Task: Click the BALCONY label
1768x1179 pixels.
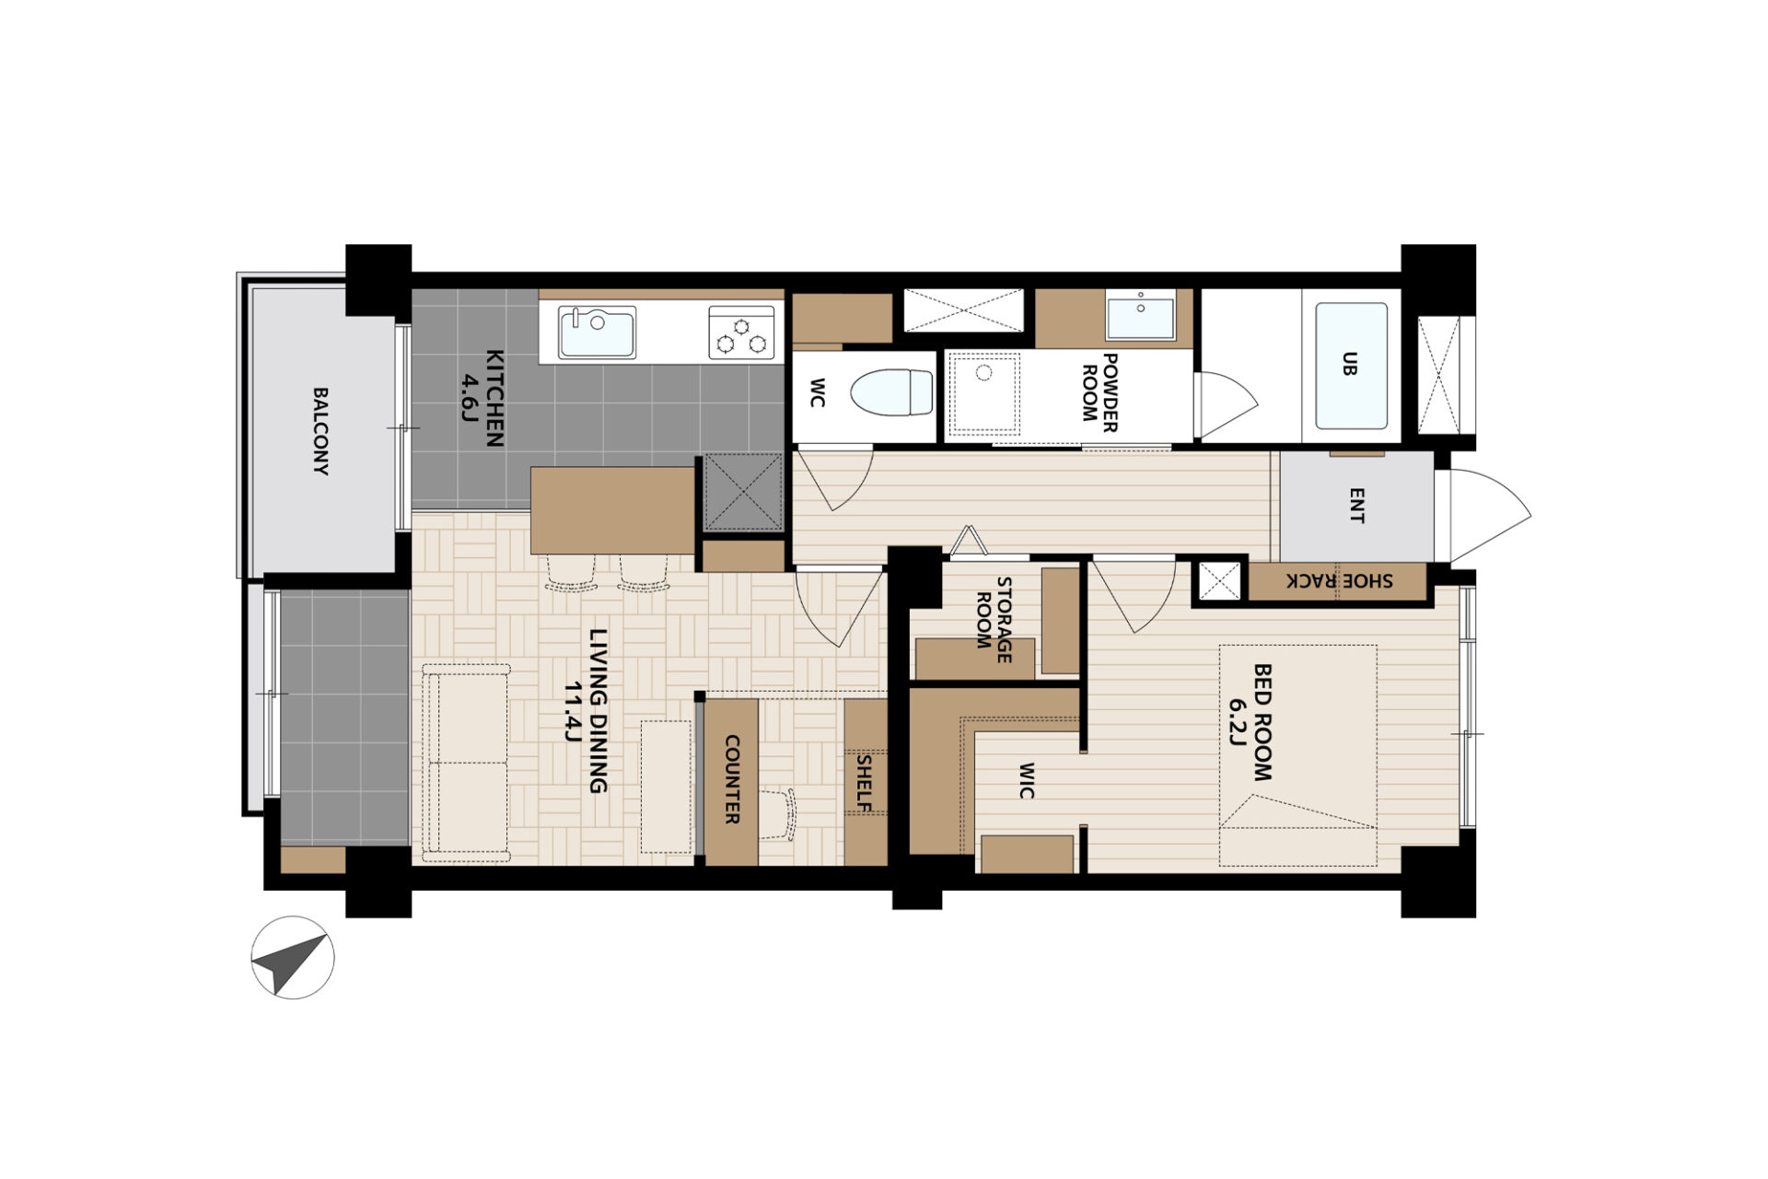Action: [x=320, y=431]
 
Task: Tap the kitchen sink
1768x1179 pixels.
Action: [x=597, y=332]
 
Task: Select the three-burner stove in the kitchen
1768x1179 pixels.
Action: [x=741, y=333]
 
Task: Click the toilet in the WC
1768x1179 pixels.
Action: [x=891, y=392]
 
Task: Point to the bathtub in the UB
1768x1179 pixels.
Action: [x=1351, y=366]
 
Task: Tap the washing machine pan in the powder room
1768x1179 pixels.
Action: [x=984, y=393]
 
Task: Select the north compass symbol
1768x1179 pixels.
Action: [x=293, y=958]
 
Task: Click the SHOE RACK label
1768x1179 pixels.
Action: [x=1340, y=581]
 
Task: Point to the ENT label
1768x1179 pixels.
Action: [x=1356, y=506]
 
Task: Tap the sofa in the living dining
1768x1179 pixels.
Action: [x=466, y=763]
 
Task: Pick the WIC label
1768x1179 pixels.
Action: [x=1027, y=780]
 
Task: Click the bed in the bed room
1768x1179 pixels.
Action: [x=1298, y=755]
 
